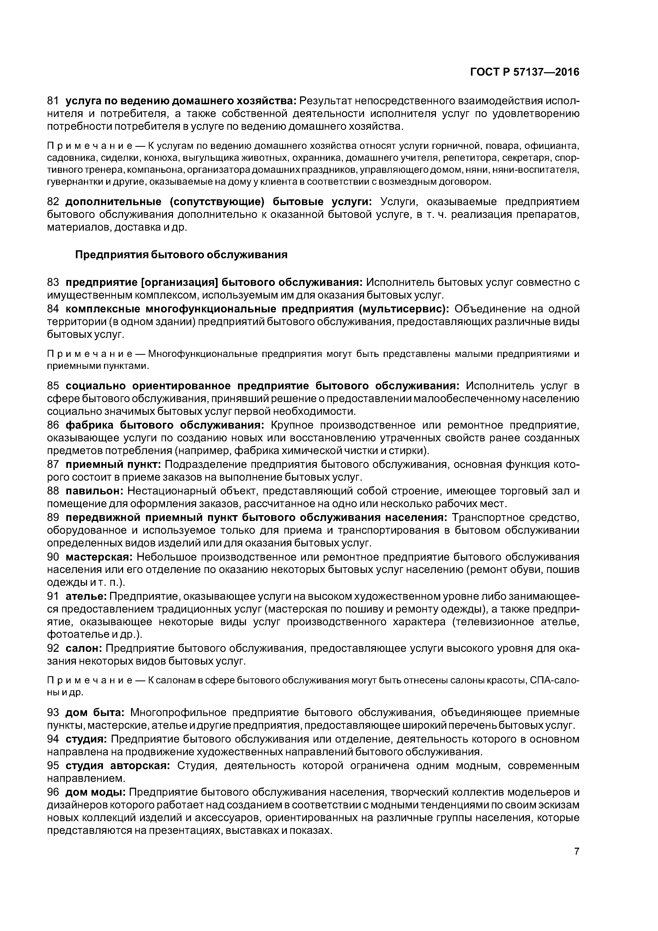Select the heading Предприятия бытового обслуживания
(x=181, y=255)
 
